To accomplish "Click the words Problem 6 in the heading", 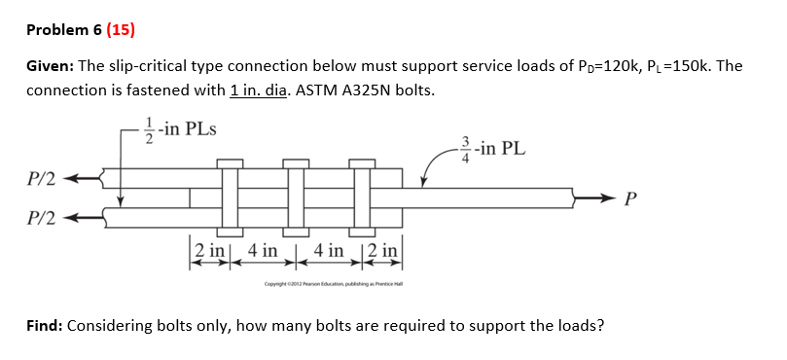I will click(64, 29).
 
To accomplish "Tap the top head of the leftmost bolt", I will click(230, 162).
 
